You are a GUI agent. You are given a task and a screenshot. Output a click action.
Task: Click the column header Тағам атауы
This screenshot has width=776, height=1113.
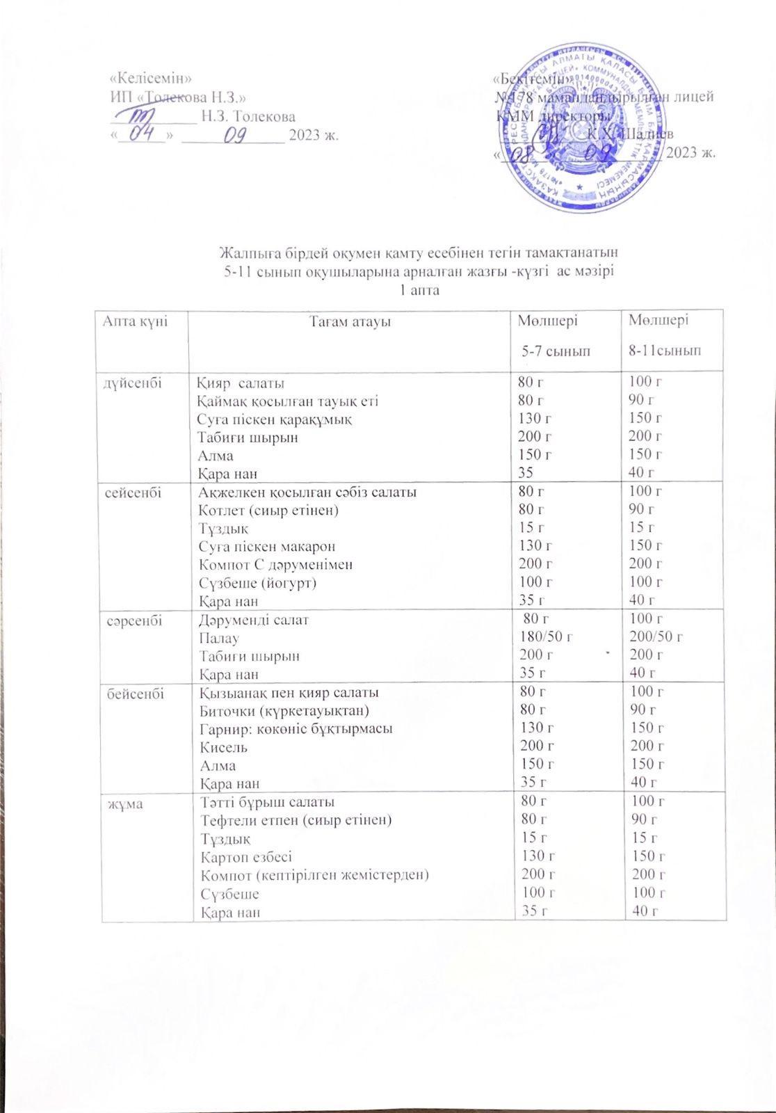(x=350, y=321)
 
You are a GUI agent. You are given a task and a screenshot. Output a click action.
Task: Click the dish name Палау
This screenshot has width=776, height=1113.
(x=216, y=637)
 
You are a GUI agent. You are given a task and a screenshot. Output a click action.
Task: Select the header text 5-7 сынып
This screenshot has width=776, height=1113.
(x=556, y=352)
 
